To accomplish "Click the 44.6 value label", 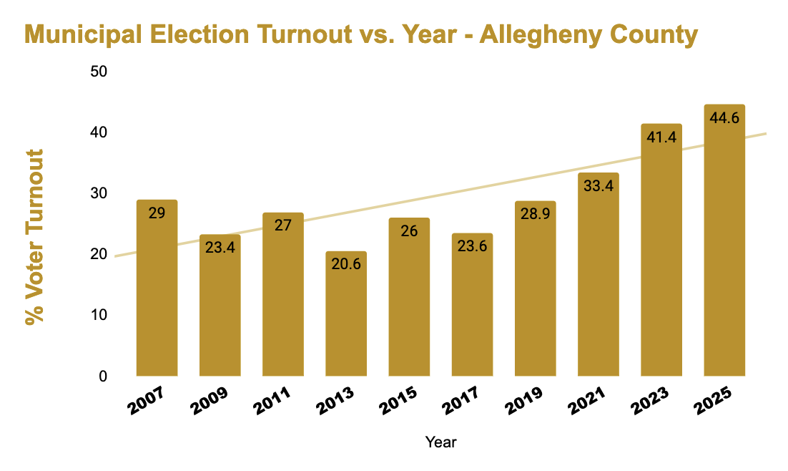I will [x=724, y=118].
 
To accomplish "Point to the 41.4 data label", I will [x=661, y=137].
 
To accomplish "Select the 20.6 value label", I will [x=346, y=265].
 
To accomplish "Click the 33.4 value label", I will [x=599, y=186].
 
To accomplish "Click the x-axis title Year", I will [x=440, y=442].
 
